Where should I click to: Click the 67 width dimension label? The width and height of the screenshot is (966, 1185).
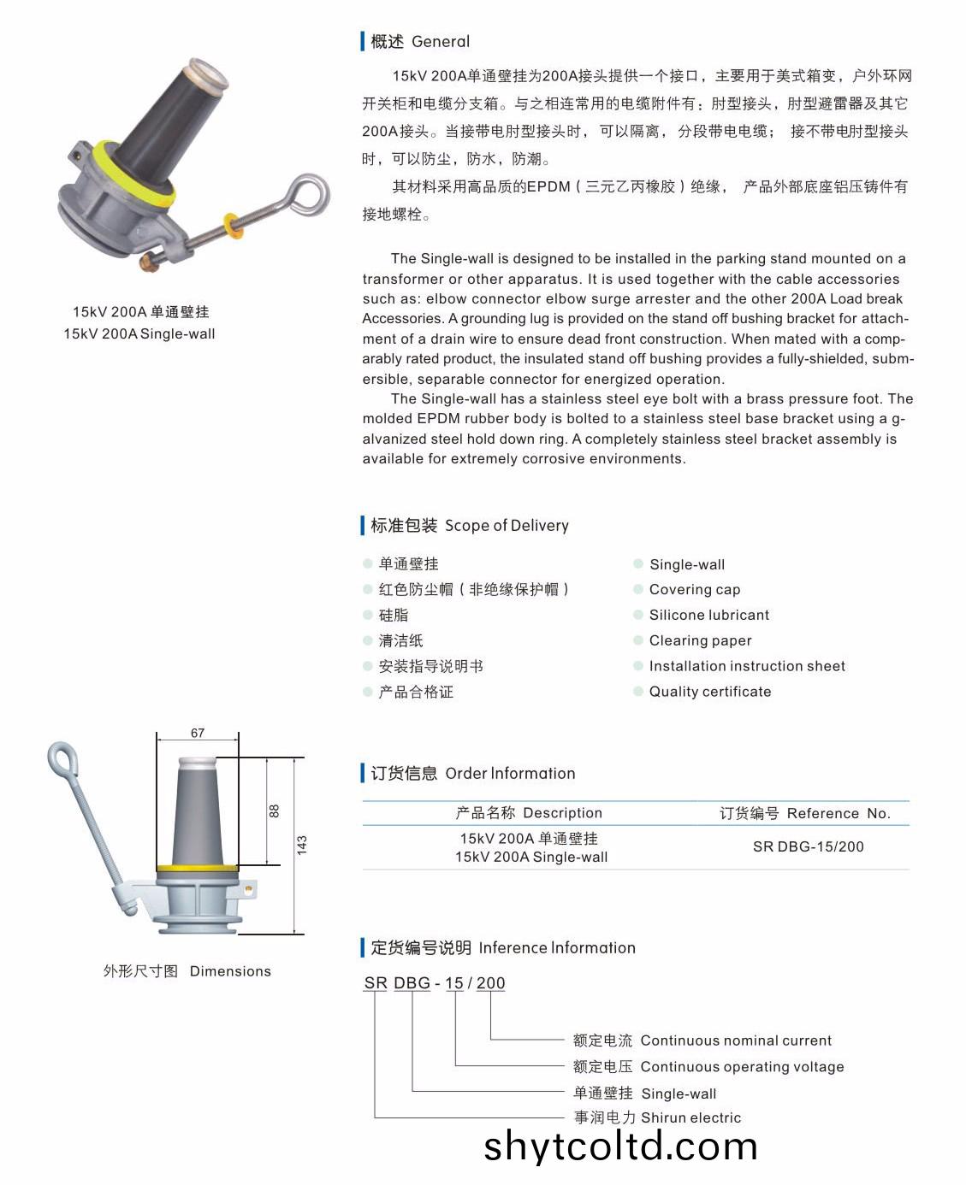197,733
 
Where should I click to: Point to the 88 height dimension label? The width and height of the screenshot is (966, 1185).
274,811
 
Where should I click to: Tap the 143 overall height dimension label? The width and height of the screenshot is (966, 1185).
301,845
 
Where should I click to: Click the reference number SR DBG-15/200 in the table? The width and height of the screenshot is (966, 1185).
808,846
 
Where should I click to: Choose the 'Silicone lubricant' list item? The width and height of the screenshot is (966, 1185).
708,615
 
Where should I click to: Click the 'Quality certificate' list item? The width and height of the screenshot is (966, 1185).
710,692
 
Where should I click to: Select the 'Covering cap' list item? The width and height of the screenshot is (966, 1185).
694,589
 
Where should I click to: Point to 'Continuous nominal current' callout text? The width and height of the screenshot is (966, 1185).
736,1041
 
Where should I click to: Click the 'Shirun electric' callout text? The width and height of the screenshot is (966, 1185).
691,1117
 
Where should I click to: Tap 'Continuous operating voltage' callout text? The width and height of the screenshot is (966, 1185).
742,1067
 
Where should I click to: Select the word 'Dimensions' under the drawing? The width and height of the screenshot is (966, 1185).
230,971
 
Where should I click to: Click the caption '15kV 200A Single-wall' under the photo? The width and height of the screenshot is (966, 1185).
139,333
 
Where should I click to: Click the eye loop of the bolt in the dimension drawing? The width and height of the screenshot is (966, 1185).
62,758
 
